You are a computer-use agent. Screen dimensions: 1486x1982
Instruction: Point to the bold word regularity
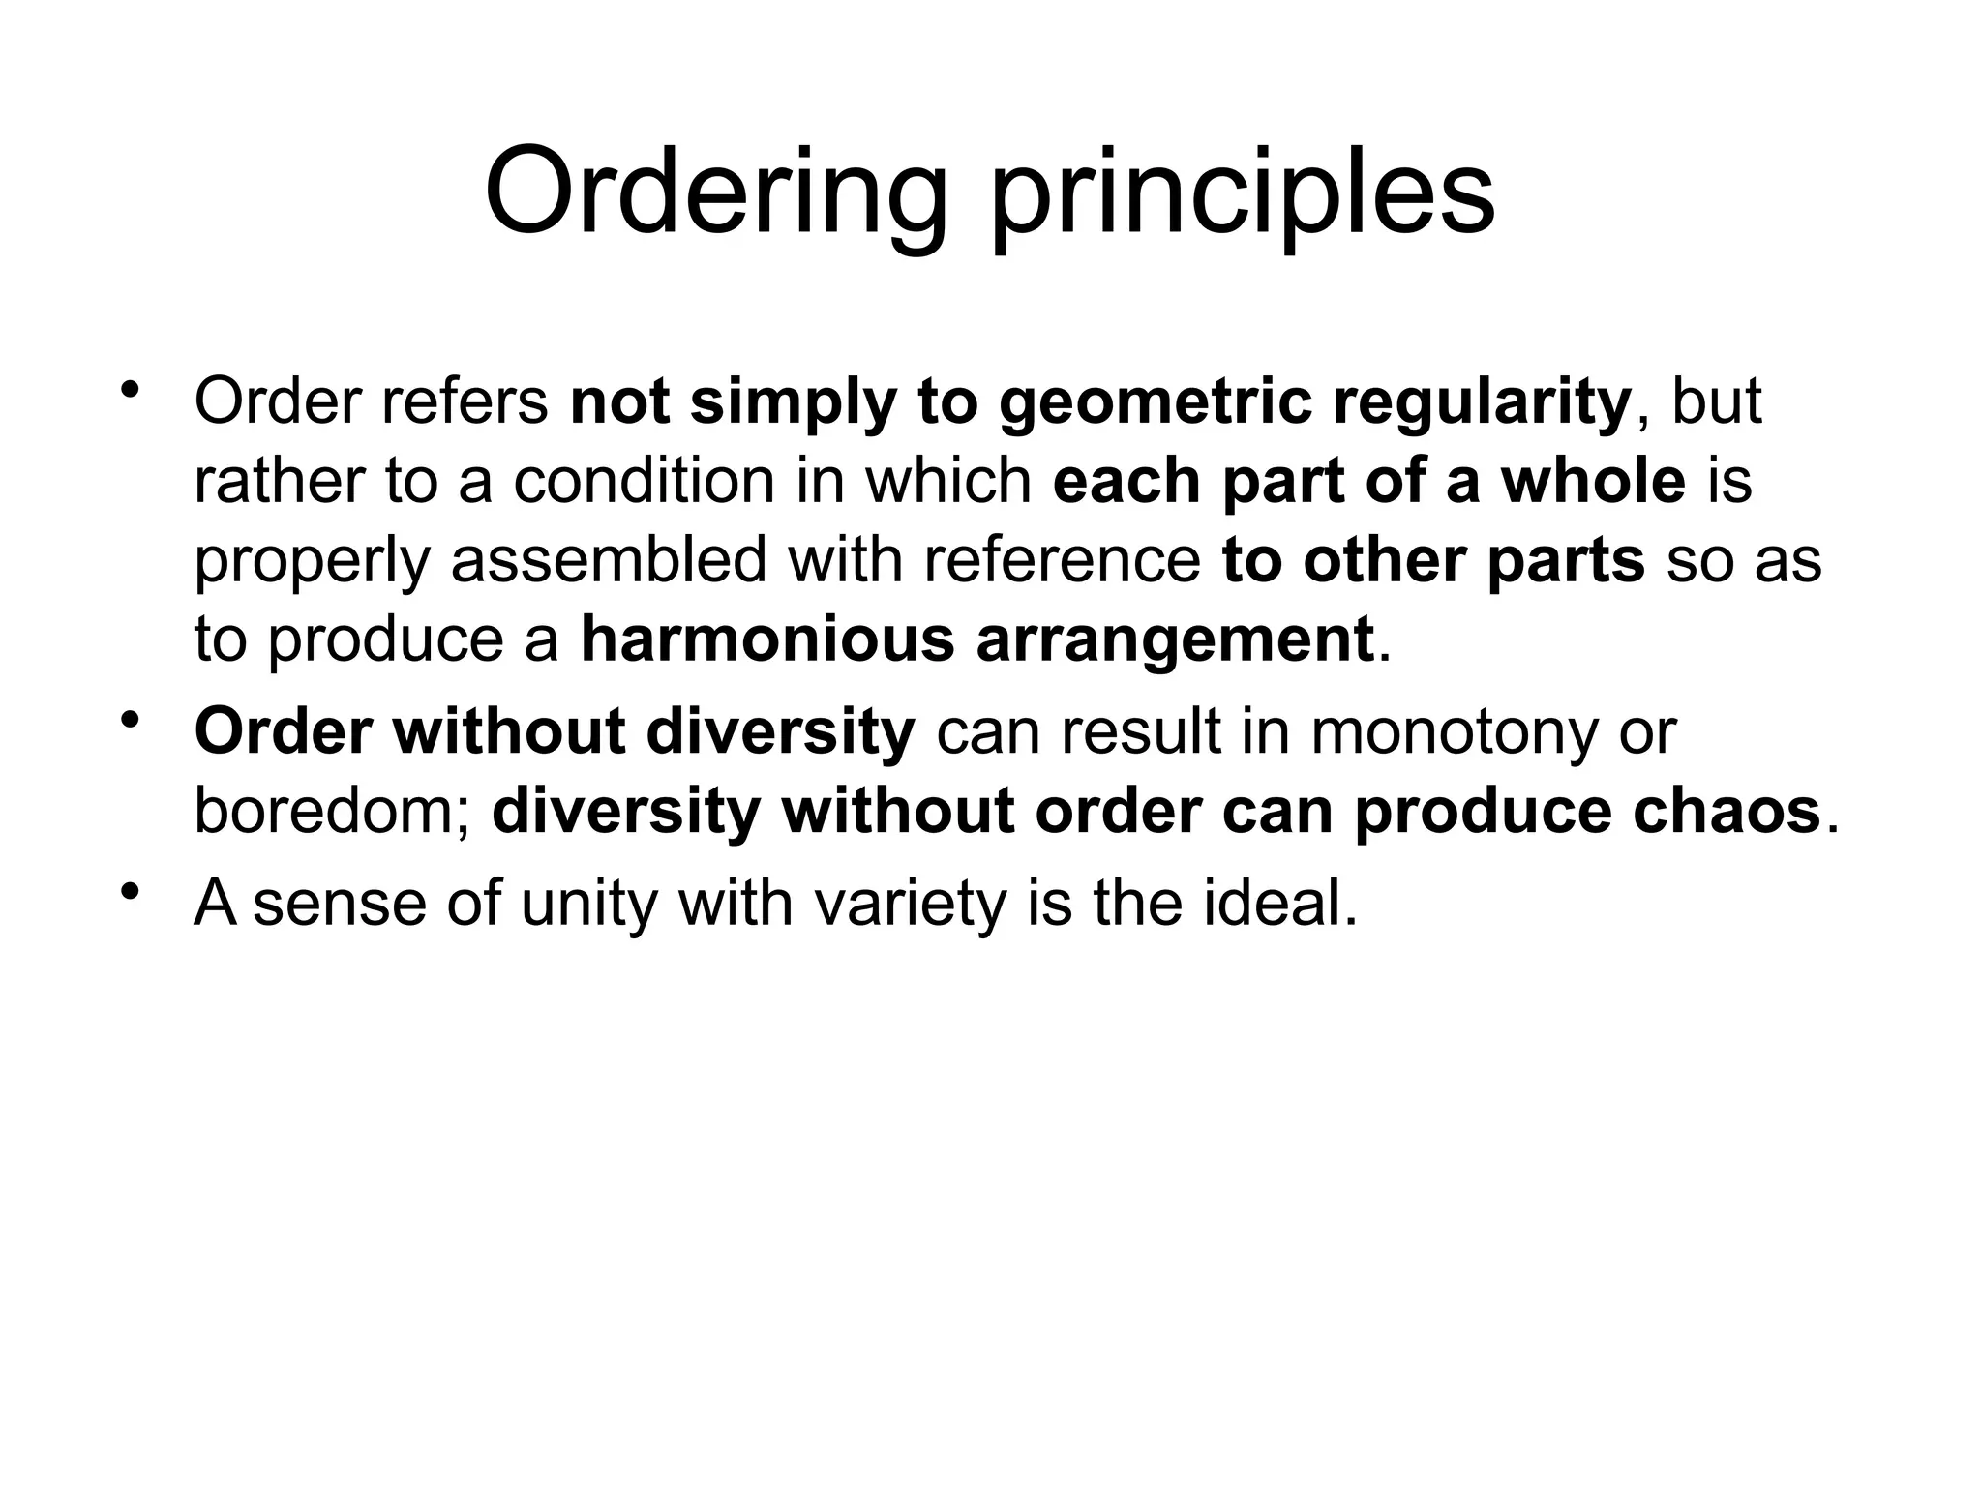pyautogui.click(x=1482, y=402)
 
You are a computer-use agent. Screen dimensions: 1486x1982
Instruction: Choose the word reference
pyautogui.click(x=1062, y=560)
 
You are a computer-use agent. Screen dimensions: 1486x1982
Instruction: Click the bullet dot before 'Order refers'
pyautogui.click(x=129, y=391)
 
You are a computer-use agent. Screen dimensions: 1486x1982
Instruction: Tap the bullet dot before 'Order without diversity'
pyautogui.click(x=129, y=720)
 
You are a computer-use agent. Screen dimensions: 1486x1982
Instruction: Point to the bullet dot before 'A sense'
pyautogui.click(x=129, y=891)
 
